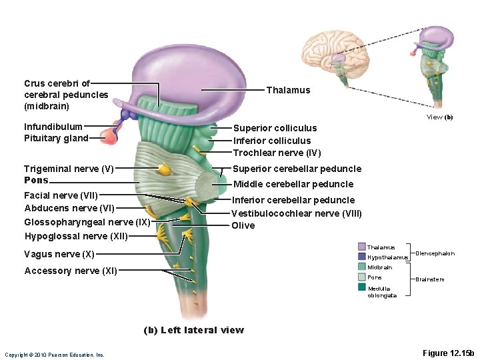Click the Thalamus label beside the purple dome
pos(288,90)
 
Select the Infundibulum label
pos(53,126)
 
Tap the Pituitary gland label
pos(56,138)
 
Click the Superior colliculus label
pos(275,128)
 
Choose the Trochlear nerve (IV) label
pos(277,153)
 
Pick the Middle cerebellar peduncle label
pos(293,184)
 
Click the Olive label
pos(243,225)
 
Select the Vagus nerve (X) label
pos(59,254)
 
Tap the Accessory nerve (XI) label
pos(71,271)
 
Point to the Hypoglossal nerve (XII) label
pos(75,236)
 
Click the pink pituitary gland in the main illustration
pos(107,137)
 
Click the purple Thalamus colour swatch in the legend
pos(361,247)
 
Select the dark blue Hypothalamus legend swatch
pos(361,257)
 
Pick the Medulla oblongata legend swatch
pos(361,287)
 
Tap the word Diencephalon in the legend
pos(435,253)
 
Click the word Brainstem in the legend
pos(429,279)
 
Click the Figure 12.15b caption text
pos(447,353)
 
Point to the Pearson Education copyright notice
pos(54,355)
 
